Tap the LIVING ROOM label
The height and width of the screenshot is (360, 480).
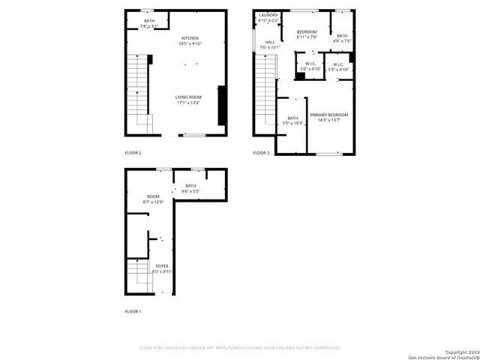(188, 98)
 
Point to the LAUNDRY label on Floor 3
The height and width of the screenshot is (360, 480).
(268, 16)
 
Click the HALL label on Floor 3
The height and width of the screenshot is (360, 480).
(269, 43)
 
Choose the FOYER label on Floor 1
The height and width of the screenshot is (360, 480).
(162, 266)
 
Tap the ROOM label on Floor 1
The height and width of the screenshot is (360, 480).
(153, 196)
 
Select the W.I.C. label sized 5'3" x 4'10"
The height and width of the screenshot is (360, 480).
(338, 65)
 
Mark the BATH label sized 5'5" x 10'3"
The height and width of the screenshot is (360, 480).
(292, 118)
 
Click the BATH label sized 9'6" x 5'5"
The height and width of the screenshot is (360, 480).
(190, 186)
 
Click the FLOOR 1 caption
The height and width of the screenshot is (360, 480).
(133, 310)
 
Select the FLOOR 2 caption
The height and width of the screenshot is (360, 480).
(133, 152)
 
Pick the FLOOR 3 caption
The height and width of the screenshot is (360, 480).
(261, 152)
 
